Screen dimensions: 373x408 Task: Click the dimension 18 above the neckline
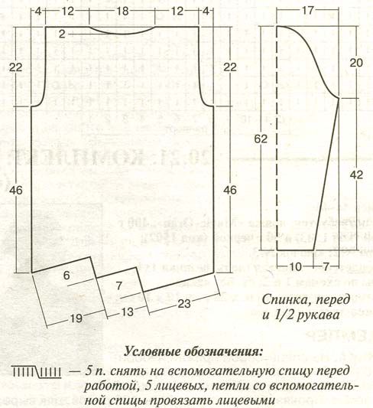click(122, 11)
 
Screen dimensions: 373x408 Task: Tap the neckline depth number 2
click(62, 34)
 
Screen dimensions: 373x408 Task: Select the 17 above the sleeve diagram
click(307, 11)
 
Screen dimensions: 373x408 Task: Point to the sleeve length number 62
click(261, 139)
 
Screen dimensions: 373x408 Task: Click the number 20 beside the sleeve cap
click(356, 63)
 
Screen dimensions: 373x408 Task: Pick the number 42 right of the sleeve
click(356, 175)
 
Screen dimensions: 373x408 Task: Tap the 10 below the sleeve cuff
click(295, 266)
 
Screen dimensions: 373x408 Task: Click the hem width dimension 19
click(76, 318)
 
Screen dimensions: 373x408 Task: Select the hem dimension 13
click(128, 312)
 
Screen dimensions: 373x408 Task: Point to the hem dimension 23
click(184, 303)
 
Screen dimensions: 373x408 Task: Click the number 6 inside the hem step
click(66, 276)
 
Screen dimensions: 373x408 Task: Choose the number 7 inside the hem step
click(119, 286)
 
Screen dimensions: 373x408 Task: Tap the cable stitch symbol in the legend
click(37, 372)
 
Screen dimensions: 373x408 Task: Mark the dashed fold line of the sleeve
click(277, 138)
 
